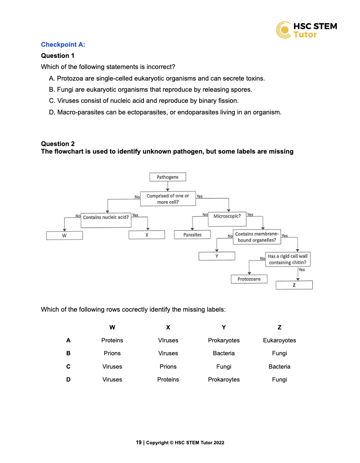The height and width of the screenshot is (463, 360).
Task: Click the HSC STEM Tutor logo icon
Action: tap(284, 30)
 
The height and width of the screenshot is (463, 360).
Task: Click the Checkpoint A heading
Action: tap(63, 45)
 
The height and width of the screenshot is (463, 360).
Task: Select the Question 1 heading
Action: tap(58, 56)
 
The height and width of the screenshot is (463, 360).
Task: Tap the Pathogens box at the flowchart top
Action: tap(168, 177)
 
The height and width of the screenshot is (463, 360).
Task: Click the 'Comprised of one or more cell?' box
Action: tap(168, 199)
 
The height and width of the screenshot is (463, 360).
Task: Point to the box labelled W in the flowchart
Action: tap(65, 236)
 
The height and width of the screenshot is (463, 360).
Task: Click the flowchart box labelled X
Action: tap(147, 235)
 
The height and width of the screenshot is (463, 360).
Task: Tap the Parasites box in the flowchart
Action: tap(192, 235)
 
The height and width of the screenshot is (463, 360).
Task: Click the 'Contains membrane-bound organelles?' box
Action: tap(257, 237)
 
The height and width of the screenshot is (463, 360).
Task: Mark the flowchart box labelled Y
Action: tap(217, 256)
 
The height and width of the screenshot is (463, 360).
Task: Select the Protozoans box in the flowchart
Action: tap(249, 279)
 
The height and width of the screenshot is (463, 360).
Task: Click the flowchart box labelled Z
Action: tap(294, 285)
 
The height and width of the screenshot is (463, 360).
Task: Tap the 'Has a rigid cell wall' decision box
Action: tap(288, 260)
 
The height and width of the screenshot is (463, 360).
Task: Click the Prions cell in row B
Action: tap(112, 353)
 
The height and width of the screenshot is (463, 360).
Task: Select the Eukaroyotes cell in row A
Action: tap(279, 341)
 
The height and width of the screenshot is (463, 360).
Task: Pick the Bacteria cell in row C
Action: tap(279, 367)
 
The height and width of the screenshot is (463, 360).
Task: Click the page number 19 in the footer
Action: tap(139, 443)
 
